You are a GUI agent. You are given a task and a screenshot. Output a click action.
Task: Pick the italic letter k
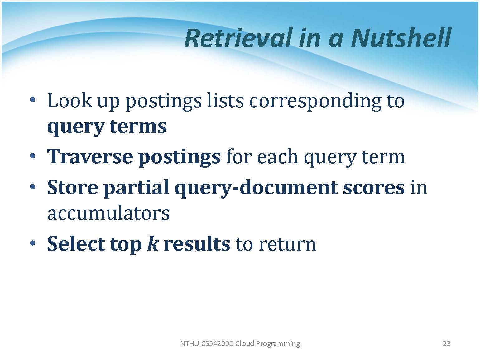point(153,243)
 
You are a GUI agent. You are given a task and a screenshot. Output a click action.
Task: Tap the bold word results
point(197,243)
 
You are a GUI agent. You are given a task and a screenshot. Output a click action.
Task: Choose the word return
point(288,244)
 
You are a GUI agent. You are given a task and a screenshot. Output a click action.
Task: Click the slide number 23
point(447,343)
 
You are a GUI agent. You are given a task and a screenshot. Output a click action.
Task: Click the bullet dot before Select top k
point(33,243)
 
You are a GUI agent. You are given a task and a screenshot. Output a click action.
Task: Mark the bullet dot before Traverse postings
point(33,156)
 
